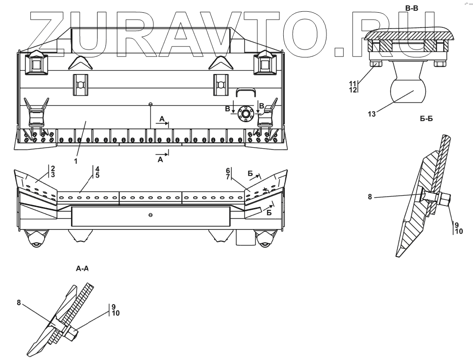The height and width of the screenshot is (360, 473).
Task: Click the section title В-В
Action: (412, 7)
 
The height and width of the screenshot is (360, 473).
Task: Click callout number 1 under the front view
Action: (75, 160)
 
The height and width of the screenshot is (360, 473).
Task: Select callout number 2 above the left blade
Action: (52, 168)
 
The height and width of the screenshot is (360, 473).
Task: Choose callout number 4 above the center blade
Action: (97, 168)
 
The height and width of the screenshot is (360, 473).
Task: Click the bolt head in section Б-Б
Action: (445, 200)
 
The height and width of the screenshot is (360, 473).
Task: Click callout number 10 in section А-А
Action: (116, 313)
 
